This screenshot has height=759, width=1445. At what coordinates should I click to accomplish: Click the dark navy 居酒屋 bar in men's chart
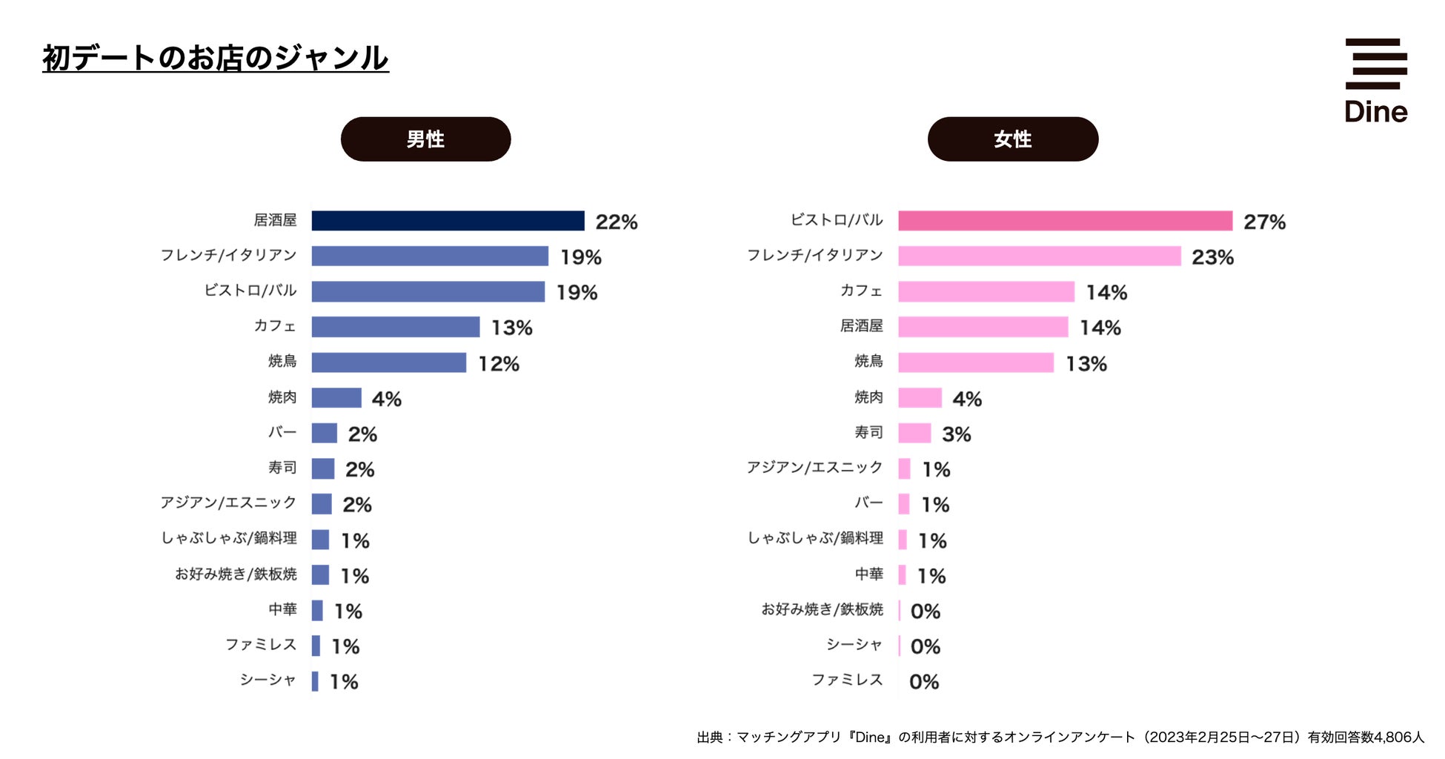(448, 221)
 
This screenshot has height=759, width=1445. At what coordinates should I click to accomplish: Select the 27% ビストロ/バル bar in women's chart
(1065, 221)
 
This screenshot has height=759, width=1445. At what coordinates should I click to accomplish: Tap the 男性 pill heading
(425, 139)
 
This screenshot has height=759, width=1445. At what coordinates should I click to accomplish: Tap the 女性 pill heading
(1012, 139)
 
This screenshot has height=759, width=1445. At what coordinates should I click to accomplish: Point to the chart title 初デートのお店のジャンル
(215, 58)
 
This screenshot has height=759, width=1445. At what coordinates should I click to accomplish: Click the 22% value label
(617, 222)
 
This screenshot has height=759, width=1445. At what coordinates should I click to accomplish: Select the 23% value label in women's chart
(1212, 257)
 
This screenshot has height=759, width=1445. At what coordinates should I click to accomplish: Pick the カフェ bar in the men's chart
(396, 327)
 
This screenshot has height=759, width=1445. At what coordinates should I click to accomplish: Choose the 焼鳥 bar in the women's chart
(975, 362)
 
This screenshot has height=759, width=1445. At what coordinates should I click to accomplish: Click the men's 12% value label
(499, 364)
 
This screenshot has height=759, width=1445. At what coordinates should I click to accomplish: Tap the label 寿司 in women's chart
(868, 432)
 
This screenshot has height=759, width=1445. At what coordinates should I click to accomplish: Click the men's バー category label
(282, 432)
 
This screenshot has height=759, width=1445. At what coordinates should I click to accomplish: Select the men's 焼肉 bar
(336, 398)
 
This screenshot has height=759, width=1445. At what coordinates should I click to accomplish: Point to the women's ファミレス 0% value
(924, 682)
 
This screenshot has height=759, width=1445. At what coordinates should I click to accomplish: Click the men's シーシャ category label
(268, 680)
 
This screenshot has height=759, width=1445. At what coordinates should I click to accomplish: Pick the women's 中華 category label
(868, 574)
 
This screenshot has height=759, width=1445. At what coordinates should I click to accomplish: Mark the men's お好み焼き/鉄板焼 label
(236, 574)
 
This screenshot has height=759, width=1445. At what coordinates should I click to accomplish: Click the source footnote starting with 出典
(1060, 737)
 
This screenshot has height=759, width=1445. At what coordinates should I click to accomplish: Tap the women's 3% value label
(956, 434)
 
